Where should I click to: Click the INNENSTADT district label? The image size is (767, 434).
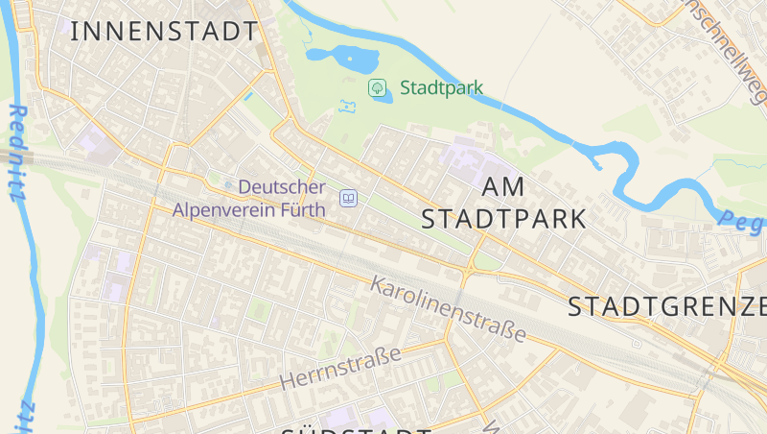pyautogui.click(x=164, y=31)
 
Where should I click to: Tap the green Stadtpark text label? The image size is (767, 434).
pyautogui.click(x=441, y=88)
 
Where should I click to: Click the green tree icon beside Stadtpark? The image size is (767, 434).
pyautogui.click(x=378, y=88)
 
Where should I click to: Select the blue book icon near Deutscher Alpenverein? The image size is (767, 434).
pyautogui.click(x=349, y=199)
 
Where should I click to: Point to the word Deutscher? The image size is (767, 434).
pyautogui.click(x=282, y=187)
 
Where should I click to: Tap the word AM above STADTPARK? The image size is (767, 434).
pyautogui.click(x=505, y=187)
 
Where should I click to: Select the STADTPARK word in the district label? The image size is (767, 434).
pyautogui.click(x=504, y=219)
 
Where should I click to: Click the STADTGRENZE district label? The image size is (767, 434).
pyautogui.click(x=667, y=307)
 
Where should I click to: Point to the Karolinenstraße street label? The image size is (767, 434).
pyautogui.click(x=449, y=309)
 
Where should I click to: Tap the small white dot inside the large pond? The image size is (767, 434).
pyautogui.click(x=349, y=60)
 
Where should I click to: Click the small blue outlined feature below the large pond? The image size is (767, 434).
pyautogui.click(x=347, y=105)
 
